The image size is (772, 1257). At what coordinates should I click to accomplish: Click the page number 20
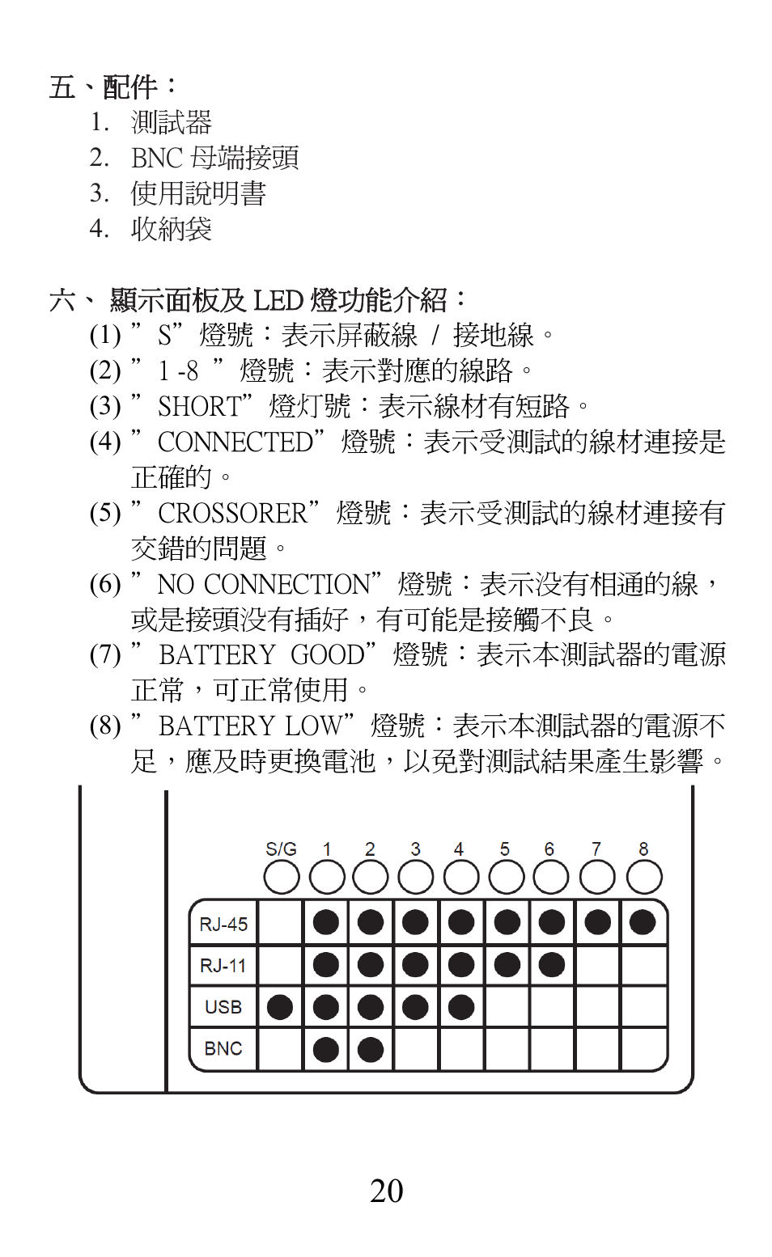point(386,1191)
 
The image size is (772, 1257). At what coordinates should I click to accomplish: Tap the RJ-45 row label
point(223,924)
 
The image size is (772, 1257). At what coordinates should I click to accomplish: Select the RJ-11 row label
point(223,966)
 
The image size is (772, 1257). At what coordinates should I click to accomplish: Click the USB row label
point(223,1007)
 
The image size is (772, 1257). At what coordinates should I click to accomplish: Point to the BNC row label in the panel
point(223,1048)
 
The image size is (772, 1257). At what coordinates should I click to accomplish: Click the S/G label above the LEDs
point(281,849)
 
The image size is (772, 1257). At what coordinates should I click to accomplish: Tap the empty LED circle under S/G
point(281,878)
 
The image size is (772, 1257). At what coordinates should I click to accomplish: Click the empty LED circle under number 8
point(644,878)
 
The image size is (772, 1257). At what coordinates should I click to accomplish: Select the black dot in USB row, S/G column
point(280,1007)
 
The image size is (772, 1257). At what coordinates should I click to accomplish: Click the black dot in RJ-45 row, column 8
point(643,922)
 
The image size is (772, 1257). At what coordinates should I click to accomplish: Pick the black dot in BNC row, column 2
point(371,1049)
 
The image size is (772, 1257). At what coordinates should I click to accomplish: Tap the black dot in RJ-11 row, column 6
point(552,964)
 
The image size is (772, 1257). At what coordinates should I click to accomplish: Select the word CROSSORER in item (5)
point(233,513)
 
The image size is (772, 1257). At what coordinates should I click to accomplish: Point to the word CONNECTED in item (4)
point(235,442)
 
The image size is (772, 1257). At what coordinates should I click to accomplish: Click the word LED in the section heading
point(278,301)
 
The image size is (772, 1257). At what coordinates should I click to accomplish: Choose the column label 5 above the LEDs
point(505,849)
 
